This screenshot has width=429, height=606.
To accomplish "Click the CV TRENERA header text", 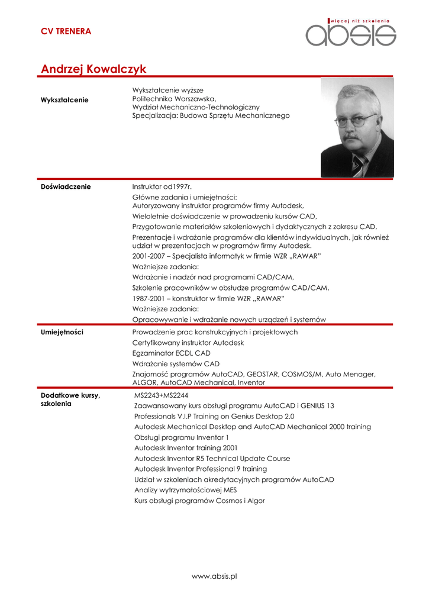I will coord(66,31).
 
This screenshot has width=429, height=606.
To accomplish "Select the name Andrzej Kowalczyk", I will coord(93,69).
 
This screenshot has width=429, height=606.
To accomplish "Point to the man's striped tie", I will coord(358,165).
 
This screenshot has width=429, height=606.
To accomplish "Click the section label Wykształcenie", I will coord(64,99).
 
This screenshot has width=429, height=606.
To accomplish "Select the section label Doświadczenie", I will coord(66,186).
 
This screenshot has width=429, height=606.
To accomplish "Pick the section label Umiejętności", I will coord(62,332).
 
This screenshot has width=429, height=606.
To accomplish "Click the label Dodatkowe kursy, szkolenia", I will coord(70,399).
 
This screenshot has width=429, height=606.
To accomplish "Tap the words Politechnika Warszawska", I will coord(174,98).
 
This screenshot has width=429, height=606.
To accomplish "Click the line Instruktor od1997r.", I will coord(166,186).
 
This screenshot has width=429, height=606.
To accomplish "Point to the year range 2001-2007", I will coord(149,256).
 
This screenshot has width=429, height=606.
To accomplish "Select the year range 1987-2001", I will coord(149,298).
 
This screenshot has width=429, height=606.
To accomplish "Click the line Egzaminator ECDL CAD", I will coord(171,353).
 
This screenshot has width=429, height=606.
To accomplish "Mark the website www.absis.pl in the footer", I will coord(214,576).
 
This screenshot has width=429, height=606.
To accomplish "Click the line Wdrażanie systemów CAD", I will coord(176,364).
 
